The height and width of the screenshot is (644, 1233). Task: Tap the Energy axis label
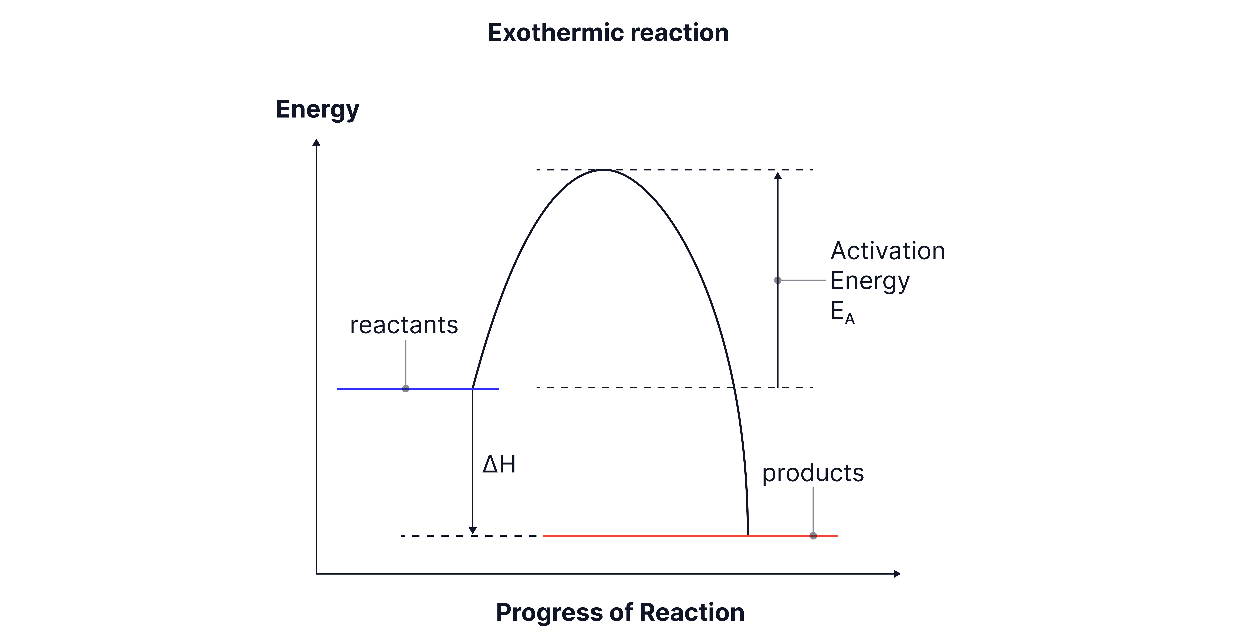click(x=317, y=110)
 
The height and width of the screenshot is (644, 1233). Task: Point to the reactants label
click(x=404, y=325)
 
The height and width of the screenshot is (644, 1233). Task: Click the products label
click(x=813, y=473)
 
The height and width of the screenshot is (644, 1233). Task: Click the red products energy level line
click(x=646, y=536)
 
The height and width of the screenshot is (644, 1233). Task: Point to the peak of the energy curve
click(x=604, y=170)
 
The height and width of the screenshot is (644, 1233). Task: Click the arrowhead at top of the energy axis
click(x=316, y=142)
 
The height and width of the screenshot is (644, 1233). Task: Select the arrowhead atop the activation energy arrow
click(x=778, y=176)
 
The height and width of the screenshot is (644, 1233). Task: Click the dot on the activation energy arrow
click(x=778, y=280)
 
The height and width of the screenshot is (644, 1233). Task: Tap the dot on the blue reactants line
click(x=406, y=388)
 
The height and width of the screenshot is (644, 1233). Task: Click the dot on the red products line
click(x=813, y=536)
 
